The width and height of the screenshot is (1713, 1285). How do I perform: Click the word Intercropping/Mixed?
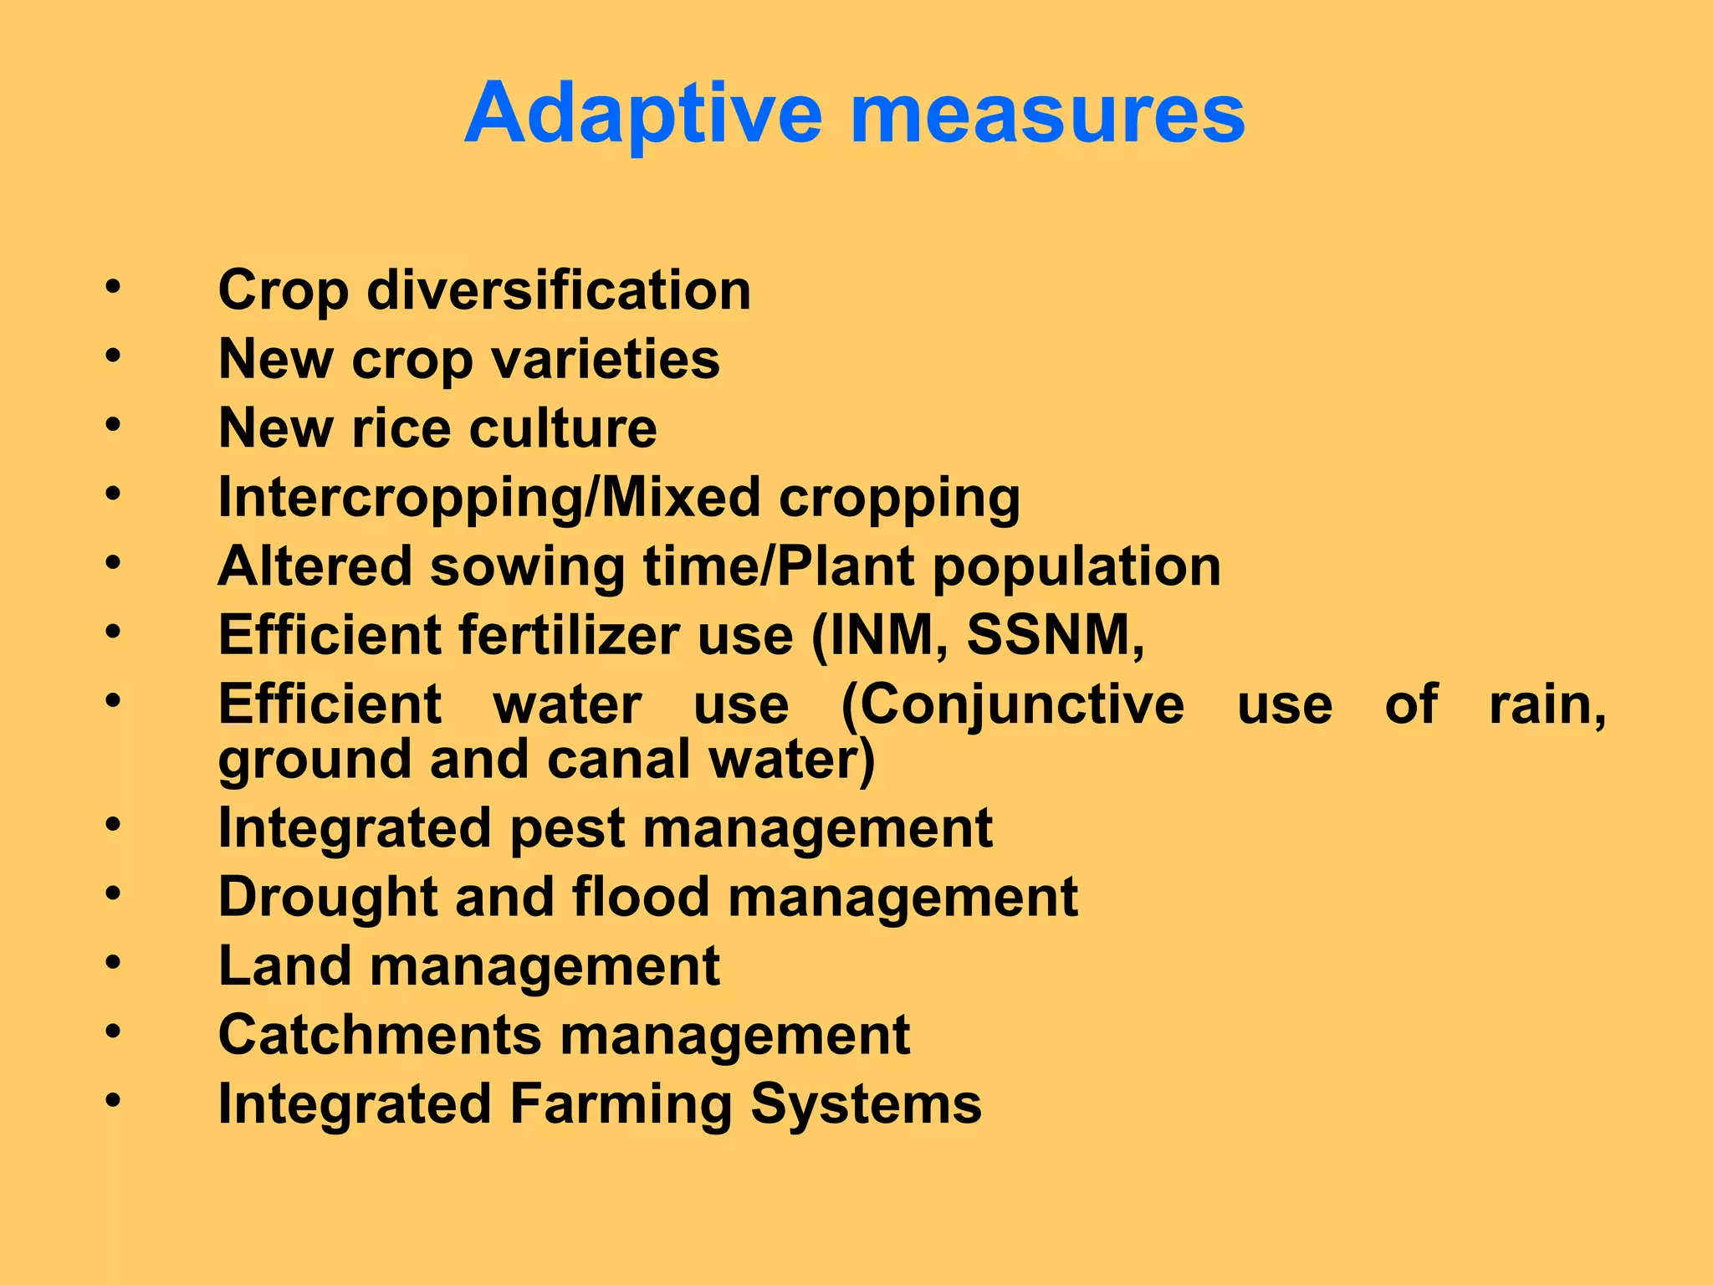point(488,498)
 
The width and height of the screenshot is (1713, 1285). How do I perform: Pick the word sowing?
point(527,566)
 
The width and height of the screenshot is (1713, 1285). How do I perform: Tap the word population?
point(1076,566)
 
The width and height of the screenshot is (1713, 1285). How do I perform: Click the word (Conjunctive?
point(1012,704)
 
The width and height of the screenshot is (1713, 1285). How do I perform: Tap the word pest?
point(566,828)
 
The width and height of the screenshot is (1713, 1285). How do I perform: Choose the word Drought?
point(327,897)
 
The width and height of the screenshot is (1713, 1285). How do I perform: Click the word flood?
point(641,897)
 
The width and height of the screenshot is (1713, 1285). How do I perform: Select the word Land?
point(284,966)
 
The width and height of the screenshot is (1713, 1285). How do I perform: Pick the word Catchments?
point(380,1035)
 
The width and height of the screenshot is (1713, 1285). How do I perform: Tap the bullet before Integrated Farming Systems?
point(113,1100)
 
